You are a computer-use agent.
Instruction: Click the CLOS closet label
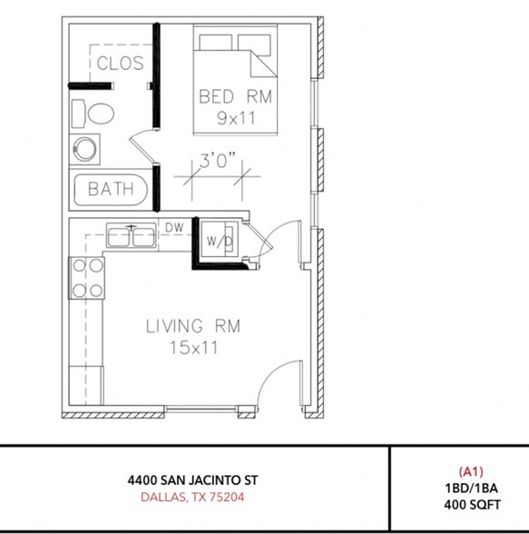(x=120, y=63)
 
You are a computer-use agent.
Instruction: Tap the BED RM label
(x=236, y=96)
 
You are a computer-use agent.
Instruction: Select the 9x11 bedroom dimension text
(x=236, y=118)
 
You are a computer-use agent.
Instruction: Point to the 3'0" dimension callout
(x=218, y=161)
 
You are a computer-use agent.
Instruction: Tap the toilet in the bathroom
(x=95, y=114)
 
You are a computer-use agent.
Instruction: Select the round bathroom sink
(x=87, y=149)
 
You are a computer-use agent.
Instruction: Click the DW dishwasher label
(x=174, y=227)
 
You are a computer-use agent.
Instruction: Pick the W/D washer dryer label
(x=219, y=242)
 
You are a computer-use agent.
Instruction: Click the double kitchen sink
(x=132, y=237)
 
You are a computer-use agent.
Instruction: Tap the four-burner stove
(x=87, y=278)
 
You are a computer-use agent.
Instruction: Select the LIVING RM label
(x=193, y=326)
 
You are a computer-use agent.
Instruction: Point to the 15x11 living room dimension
(x=193, y=347)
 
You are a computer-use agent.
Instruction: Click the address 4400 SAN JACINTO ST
(x=199, y=479)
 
